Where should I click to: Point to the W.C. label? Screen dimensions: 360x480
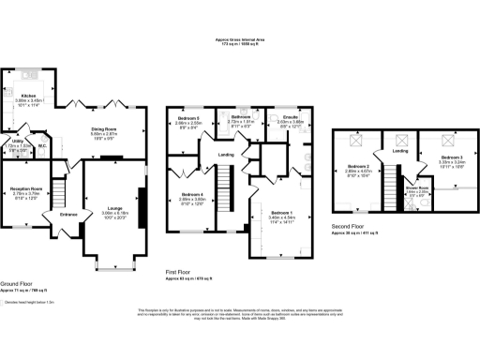(43, 145)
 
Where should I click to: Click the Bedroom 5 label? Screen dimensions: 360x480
(188, 118)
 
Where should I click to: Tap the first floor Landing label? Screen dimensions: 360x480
(225, 155)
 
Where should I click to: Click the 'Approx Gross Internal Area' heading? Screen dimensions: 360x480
(240, 39)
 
